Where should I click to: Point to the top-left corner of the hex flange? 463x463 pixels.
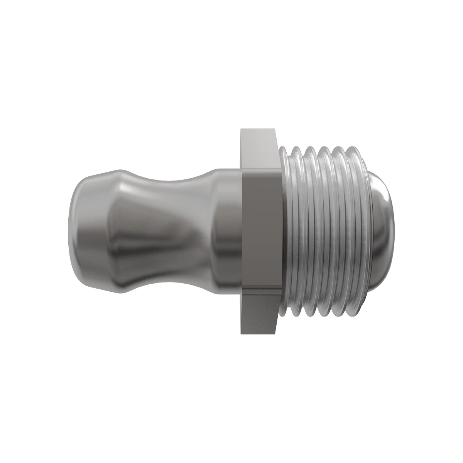241,130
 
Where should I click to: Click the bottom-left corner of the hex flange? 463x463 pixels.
241,333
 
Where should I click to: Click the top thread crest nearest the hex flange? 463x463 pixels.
295,148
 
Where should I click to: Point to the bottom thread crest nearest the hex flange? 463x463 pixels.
295,315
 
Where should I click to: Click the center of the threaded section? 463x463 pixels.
324,231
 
